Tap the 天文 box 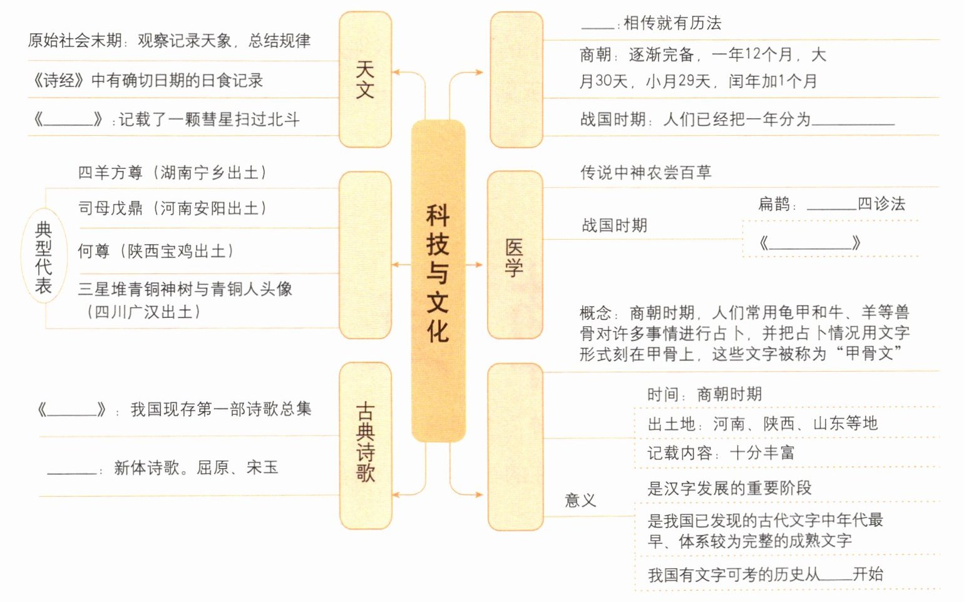pos(365,79)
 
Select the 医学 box pos(514,255)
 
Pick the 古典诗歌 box pos(365,444)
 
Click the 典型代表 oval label pos(43,257)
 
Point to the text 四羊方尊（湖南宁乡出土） pos(173,173)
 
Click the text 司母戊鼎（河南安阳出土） pos(173,208)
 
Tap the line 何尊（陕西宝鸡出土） pos(156,252)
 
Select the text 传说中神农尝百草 pos(645,173)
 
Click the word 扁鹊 pos(774,204)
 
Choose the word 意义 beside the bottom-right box pos(580,501)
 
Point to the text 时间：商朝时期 pos(704,394)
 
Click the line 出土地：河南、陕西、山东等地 pos(762,424)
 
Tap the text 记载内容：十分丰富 pos(720,453)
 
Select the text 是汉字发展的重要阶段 pos(729,488)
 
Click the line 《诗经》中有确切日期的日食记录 pos(148,81)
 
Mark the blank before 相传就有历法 pos(598,25)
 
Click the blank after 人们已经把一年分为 pos(853,121)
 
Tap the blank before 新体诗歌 pos(72,469)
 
